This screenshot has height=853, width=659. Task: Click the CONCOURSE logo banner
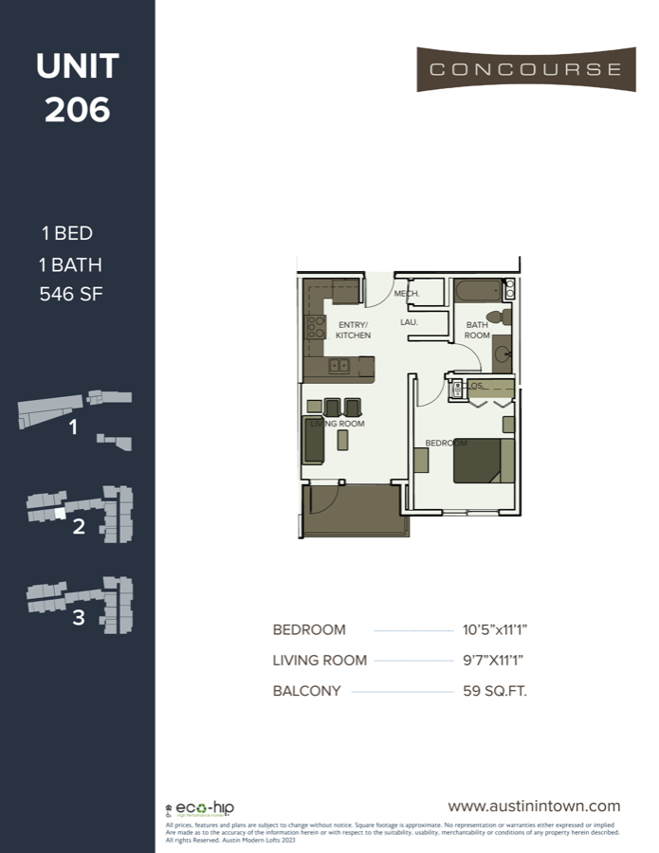[x=526, y=69]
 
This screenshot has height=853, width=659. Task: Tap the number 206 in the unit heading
[x=77, y=110]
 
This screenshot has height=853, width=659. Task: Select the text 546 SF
[x=70, y=294]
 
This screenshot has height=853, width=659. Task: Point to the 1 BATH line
[x=71, y=264]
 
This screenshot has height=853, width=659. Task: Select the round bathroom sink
[x=503, y=355]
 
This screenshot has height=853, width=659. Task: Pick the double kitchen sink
[x=339, y=366]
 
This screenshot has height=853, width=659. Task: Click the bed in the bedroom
[x=484, y=461]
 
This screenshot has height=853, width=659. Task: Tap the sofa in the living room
[x=314, y=439]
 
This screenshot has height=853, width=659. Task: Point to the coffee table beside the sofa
[x=342, y=440]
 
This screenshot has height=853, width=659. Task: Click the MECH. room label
[x=407, y=294]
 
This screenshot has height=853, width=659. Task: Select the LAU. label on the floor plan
[x=410, y=322]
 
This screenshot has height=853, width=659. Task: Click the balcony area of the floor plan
[x=351, y=512]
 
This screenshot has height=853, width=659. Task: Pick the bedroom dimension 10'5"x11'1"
[x=489, y=629]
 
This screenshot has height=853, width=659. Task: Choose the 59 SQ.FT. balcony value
[x=490, y=691]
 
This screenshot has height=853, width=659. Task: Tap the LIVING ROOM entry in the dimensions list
[x=320, y=661]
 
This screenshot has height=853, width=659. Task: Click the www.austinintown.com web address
[x=534, y=807]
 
